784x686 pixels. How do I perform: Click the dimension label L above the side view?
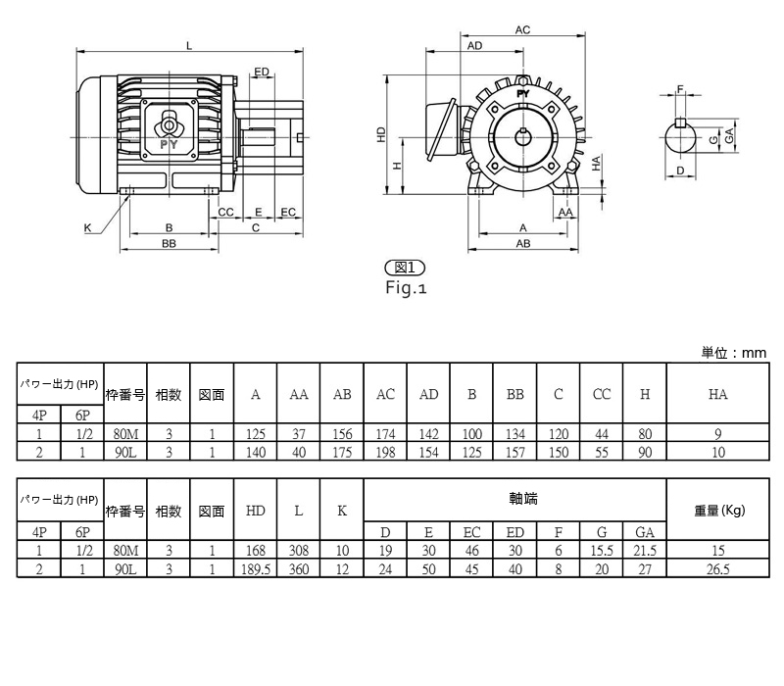pos(189,46)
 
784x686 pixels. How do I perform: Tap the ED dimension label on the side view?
pos(262,72)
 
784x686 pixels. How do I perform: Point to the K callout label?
pos(87,228)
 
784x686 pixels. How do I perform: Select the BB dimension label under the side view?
pos(169,243)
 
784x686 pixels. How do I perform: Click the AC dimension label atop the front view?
pos(522,30)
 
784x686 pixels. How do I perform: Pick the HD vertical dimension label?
pos(381,134)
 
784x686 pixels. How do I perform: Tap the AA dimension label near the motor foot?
pos(565,212)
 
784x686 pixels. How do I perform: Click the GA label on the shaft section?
pos(729,135)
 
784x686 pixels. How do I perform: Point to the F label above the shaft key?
pos(680,89)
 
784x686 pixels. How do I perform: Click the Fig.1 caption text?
pos(406,287)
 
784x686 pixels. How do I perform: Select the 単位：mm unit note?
pos(733,353)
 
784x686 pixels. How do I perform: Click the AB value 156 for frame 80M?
pos(342,433)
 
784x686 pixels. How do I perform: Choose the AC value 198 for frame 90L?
pos(385,452)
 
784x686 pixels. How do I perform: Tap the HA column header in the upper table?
pos(717,394)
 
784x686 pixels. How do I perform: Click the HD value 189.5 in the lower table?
pos(256,569)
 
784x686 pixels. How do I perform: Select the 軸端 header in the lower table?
pos(523,499)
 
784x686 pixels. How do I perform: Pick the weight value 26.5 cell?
pos(718,569)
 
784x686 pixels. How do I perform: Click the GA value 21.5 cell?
pos(645,551)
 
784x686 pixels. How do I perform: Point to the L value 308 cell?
pos(299,551)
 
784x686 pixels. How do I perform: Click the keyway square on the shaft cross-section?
pos(680,123)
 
